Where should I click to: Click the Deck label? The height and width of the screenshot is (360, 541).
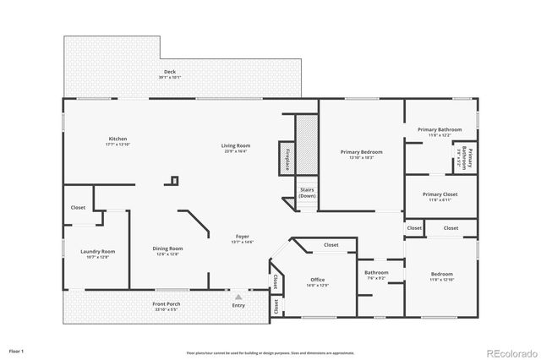170,74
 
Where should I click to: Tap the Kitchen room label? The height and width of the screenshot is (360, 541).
117,141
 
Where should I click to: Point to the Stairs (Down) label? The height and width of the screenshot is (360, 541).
307,193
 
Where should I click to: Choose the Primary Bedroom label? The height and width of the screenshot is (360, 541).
361,154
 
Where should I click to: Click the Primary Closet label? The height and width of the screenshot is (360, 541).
440,196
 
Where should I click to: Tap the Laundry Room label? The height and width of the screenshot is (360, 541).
97,254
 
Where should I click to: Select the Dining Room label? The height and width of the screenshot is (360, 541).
167,251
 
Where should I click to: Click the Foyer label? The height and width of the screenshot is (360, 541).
243,239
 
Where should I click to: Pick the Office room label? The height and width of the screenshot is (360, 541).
318,281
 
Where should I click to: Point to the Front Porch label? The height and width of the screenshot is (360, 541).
167,306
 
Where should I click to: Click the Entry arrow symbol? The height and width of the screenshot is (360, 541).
238,297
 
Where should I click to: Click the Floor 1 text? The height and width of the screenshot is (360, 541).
17,350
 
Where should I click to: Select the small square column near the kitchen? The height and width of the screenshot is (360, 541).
174,180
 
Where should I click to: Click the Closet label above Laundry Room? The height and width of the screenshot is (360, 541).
78,207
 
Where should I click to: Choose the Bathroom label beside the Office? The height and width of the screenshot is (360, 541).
376,275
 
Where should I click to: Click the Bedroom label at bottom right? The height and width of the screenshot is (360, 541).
441,276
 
